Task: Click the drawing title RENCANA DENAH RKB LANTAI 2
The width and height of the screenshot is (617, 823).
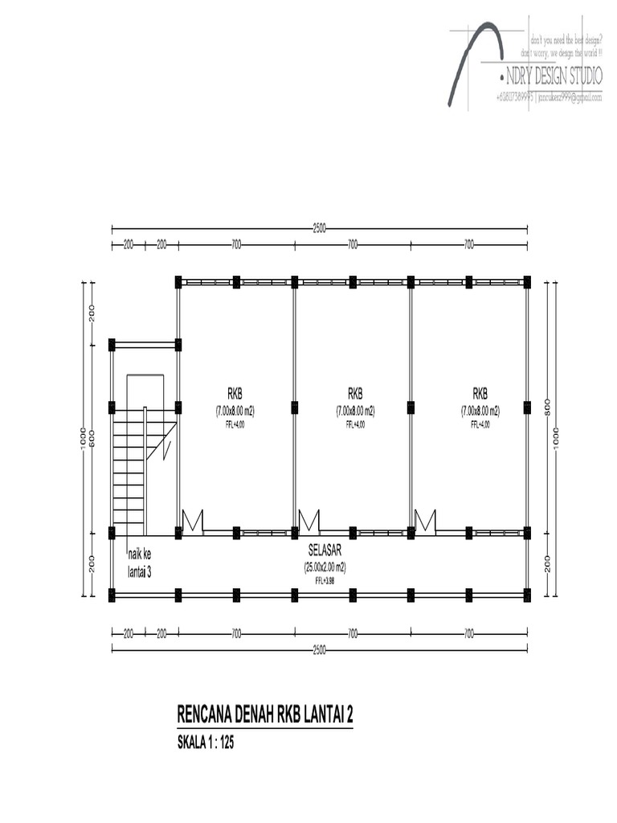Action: (265, 716)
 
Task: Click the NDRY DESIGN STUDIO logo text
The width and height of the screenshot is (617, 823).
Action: (554, 77)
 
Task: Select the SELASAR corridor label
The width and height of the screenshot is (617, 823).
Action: (323, 553)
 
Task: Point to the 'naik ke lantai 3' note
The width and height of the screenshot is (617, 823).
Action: (141, 563)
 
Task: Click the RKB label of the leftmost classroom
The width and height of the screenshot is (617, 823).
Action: (235, 394)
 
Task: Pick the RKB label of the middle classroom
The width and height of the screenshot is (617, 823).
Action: (355, 394)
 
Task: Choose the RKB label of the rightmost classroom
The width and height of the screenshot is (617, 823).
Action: (480, 394)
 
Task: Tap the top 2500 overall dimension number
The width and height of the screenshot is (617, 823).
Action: (319, 229)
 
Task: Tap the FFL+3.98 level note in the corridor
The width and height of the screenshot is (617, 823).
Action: (324, 579)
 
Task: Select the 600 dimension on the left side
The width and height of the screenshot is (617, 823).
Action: (92, 439)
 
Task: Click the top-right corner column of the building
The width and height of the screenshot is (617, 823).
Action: (527, 282)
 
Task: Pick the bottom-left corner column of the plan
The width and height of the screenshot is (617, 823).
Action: (112, 595)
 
